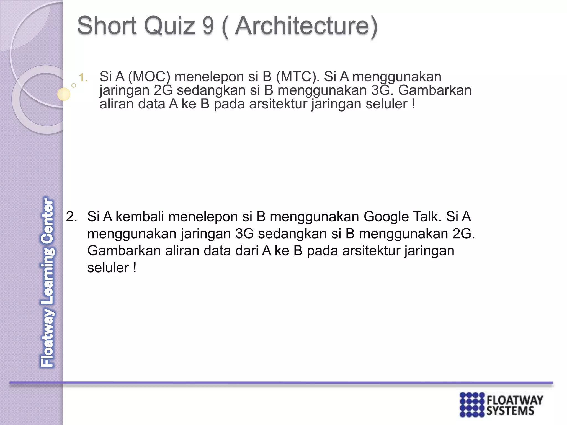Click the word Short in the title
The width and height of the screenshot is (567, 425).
tap(107, 26)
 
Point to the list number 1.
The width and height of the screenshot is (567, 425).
tap(83, 78)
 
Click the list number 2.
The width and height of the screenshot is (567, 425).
tap(71, 217)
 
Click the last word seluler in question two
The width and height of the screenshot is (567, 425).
tap(108, 268)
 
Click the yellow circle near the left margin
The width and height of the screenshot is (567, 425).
tap(64, 94)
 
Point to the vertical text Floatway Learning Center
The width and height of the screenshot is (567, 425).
tap(47, 282)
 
